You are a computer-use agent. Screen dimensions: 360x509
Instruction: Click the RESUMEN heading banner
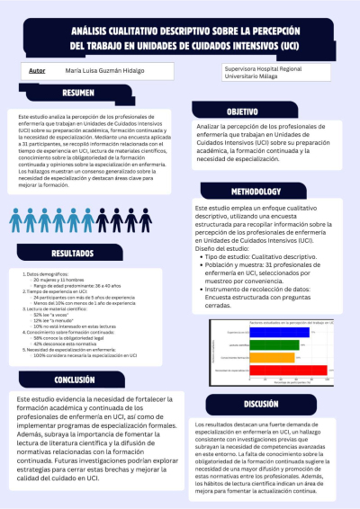79,94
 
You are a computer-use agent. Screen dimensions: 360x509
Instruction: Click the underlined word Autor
38,69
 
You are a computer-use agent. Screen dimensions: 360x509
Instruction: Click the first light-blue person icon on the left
15,219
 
